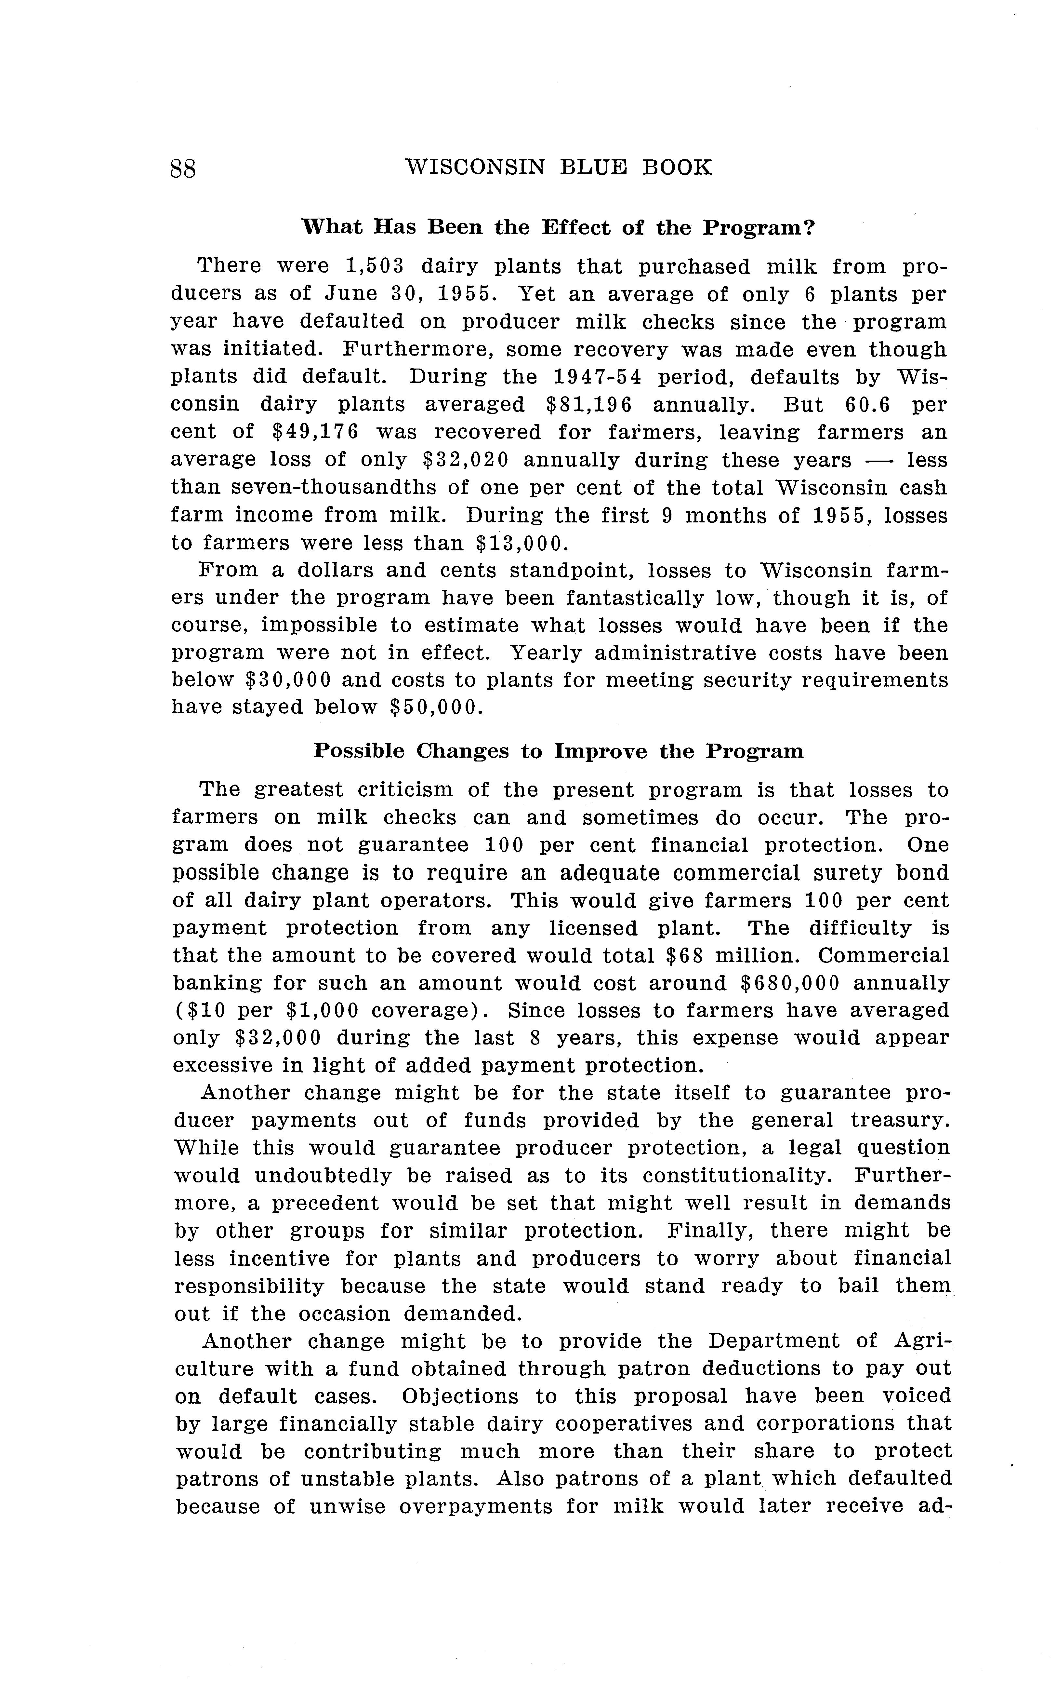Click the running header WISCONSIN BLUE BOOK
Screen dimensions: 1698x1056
point(559,168)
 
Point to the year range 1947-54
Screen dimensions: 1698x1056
point(598,377)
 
